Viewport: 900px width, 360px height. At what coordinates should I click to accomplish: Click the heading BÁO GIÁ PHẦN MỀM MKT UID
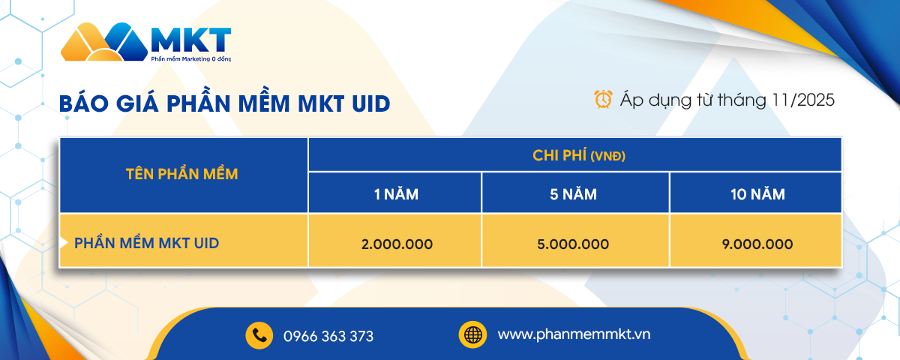pos(225,103)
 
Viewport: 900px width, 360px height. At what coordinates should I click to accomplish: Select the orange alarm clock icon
pos(603,98)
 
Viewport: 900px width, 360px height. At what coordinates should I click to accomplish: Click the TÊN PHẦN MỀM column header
pos(182,175)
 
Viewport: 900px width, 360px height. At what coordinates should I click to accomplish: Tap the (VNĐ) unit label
pos(608,156)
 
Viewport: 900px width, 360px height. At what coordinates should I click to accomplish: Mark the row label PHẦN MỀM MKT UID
pos(146,243)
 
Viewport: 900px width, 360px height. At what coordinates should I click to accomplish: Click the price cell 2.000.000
pos(396,244)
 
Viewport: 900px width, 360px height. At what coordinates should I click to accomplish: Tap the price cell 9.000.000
pos(757,244)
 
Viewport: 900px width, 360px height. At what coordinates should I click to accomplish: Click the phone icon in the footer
pos(259,335)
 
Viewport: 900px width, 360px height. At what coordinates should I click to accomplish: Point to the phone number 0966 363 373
pos(328,336)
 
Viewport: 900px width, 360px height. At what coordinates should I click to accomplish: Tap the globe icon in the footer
pos(472,334)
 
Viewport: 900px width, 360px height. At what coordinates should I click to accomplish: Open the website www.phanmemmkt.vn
pos(574,334)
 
